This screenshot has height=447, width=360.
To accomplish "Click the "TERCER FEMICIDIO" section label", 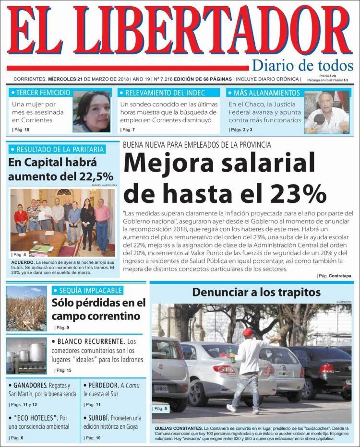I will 44,93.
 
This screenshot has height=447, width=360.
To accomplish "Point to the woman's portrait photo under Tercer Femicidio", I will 92,112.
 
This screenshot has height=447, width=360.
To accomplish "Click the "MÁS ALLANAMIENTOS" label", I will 266,93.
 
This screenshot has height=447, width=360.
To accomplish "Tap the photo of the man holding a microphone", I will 326,113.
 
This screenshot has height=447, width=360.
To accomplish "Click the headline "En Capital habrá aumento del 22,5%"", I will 61,169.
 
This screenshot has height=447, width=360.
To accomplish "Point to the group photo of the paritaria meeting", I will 62,222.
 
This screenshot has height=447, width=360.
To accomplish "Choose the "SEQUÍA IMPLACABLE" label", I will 90,290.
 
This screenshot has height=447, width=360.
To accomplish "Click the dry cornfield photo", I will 26,308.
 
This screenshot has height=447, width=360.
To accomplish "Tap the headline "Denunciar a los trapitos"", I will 249,292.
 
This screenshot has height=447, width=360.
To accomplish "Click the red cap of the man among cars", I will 248,332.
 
